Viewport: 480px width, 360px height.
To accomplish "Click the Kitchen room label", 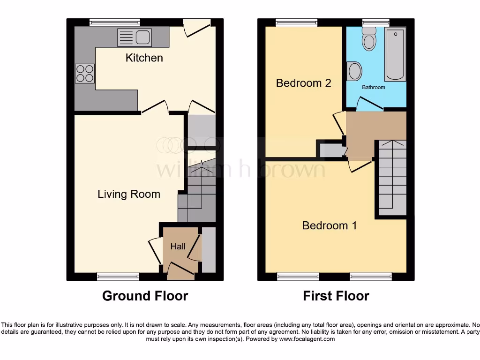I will coord(144,58).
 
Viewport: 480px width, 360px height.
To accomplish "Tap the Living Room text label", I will coord(129,194).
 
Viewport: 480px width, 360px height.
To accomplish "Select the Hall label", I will coord(178,247).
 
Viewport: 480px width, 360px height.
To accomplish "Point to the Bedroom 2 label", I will coord(303,83).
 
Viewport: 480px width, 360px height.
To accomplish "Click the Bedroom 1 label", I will coord(330,225).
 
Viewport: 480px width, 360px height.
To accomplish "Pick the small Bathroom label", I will coord(373,87).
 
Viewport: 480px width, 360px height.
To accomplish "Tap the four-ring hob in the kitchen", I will coord(85,74).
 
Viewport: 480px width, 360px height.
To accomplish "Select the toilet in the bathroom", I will coord(369,39).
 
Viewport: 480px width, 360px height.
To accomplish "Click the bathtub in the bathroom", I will coord(395,54).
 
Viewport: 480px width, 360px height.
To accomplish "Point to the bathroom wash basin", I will coord(354,72).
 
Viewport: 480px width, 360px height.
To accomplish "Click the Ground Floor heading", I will coord(145,296).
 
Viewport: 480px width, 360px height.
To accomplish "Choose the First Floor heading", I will coord(336,296).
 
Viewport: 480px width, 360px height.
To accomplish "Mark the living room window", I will coord(118,276).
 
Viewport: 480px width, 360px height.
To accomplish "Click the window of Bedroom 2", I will coord(296,22).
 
